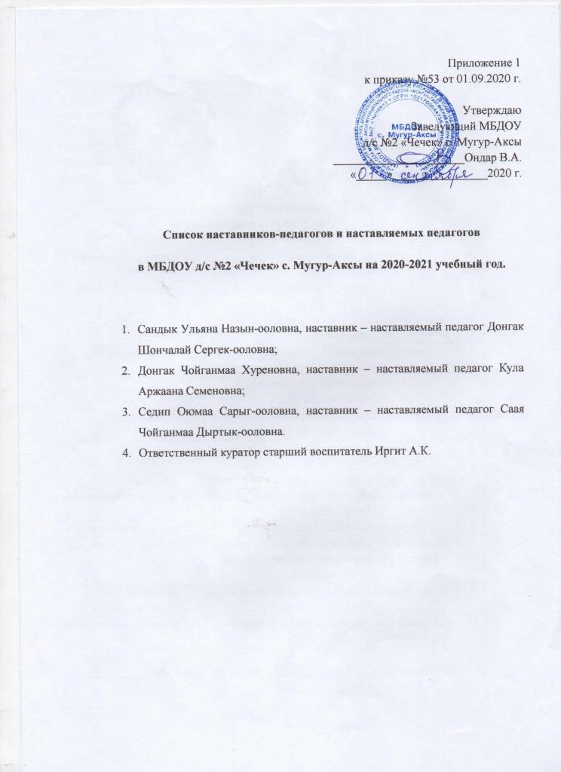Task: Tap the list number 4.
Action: [125, 451]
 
